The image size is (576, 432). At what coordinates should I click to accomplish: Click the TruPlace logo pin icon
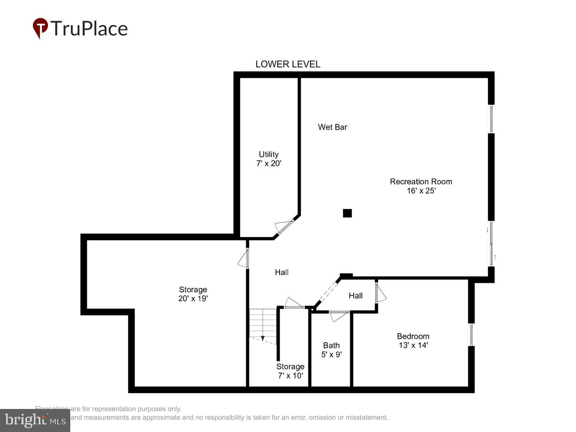tap(40, 28)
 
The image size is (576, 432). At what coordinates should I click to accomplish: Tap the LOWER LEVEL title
tap(288, 64)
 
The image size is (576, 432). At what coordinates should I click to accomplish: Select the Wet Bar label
tap(332, 127)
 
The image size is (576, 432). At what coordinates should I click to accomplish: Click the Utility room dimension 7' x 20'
tap(268, 164)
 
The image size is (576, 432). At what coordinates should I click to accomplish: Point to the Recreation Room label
tap(421, 182)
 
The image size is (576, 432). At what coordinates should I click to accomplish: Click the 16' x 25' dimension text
tap(421, 191)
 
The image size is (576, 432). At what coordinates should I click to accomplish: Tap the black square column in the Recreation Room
tap(347, 213)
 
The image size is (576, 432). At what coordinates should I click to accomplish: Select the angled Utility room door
tap(284, 227)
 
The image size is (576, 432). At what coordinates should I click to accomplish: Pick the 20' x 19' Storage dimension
tap(193, 299)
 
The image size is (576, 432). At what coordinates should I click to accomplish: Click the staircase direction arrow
tap(263, 338)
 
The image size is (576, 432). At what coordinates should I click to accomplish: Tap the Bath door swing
tap(338, 316)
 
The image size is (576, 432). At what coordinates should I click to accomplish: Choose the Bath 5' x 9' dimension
tap(331, 354)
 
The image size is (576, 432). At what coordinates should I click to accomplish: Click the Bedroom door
tap(380, 293)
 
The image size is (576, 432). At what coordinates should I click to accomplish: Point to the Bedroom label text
tap(413, 336)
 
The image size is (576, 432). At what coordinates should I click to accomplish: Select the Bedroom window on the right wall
tap(471, 334)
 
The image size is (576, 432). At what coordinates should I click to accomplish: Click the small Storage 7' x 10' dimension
tap(290, 376)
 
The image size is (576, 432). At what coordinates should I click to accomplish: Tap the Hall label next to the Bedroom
tap(356, 296)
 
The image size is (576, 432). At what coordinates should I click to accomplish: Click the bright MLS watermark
tap(35, 420)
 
